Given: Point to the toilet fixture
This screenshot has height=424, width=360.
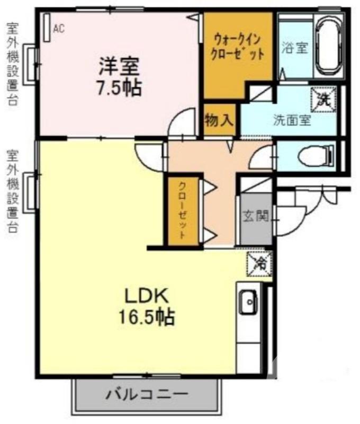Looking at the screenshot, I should [312, 156].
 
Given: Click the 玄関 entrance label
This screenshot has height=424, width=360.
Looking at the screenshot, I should [256, 216].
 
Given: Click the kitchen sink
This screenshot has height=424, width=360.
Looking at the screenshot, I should [248, 304].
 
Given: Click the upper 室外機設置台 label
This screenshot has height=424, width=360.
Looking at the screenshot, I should [12, 64].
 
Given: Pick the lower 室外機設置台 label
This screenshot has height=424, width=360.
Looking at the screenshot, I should [12, 191].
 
